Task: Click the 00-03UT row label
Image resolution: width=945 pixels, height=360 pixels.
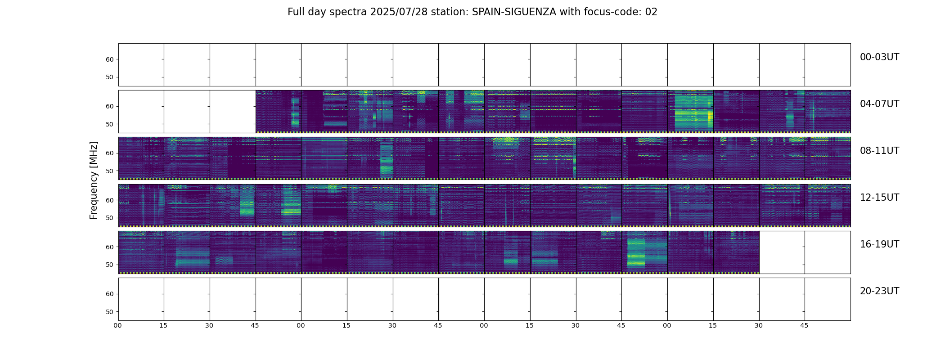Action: [x=879, y=57]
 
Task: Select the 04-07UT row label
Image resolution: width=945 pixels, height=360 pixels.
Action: [x=879, y=104]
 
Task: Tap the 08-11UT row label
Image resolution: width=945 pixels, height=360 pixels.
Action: [x=879, y=151]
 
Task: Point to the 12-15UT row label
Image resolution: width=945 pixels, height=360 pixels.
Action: [x=879, y=198]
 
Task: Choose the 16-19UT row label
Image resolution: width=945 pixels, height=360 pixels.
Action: [x=879, y=244]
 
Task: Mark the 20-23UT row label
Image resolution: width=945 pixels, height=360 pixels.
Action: [x=879, y=291]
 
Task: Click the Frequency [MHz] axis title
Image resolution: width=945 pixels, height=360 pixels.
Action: [x=94, y=180]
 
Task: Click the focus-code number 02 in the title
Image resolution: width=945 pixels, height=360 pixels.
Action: [x=651, y=12]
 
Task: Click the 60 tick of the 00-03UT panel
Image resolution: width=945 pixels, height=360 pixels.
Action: [x=110, y=59]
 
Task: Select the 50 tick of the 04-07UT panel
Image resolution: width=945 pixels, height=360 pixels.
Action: [x=110, y=124]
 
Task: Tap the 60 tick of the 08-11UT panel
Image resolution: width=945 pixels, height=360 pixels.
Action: [x=110, y=153]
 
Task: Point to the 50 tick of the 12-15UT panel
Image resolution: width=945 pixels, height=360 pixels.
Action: [x=110, y=218]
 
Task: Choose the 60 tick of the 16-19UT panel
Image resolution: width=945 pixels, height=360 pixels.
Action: [x=110, y=247]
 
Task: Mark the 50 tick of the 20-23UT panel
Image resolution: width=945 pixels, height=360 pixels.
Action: [x=110, y=312]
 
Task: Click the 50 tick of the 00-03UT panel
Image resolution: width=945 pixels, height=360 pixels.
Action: [x=110, y=77]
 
